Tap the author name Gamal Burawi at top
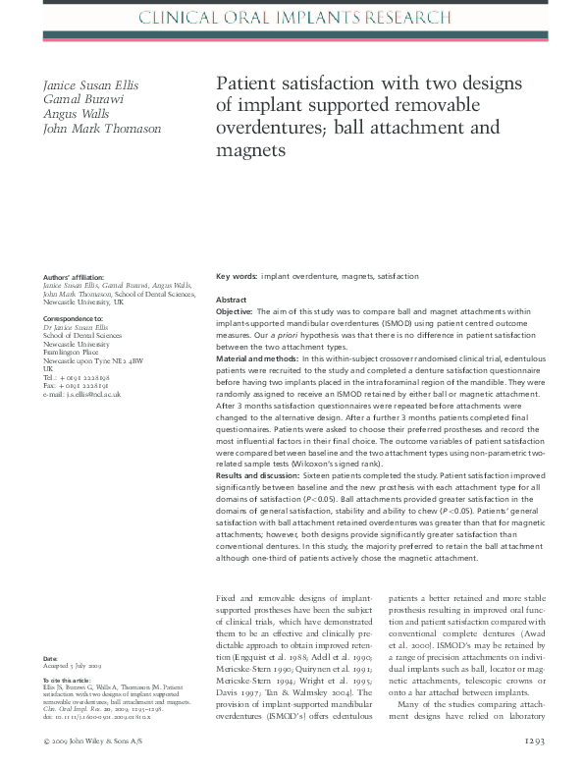(79, 101)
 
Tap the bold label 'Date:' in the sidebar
(51, 657)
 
